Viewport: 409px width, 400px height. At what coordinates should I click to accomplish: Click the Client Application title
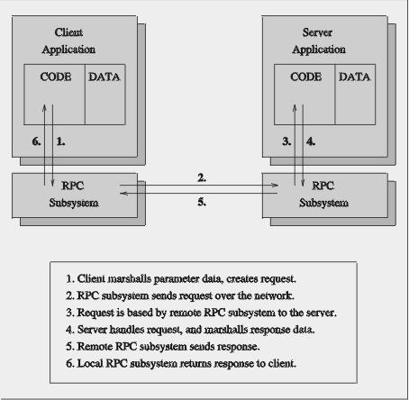tap(68, 41)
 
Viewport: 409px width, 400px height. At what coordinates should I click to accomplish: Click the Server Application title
tap(319, 41)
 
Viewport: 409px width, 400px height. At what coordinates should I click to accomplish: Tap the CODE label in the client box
tap(56, 77)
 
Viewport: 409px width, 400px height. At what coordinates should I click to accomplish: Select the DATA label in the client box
tap(105, 77)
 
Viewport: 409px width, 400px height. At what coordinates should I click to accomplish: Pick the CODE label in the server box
tap(306, 77)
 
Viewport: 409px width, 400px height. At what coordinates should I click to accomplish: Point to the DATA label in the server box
tap(354, 77)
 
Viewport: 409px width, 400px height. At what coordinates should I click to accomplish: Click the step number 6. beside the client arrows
tap(36, 141)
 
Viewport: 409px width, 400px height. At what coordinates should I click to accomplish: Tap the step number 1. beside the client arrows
tap(60, 141)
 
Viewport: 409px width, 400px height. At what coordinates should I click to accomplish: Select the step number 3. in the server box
tap(286, 141)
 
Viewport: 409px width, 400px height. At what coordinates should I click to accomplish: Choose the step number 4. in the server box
tap(311, 141)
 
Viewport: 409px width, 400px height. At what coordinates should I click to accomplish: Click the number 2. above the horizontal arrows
tap(202, 177)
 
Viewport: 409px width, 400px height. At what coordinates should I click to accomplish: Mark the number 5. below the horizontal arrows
tap(202, 202)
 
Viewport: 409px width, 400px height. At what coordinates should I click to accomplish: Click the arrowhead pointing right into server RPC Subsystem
tap(274, 185)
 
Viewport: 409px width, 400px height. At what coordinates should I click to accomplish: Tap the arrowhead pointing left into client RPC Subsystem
tap(124, 194)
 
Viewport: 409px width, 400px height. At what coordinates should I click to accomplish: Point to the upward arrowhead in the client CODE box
tap(44, 108)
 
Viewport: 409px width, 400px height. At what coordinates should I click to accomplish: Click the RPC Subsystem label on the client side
tap(74, 195)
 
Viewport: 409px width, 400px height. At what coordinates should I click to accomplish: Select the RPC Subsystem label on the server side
tap(323, 195)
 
